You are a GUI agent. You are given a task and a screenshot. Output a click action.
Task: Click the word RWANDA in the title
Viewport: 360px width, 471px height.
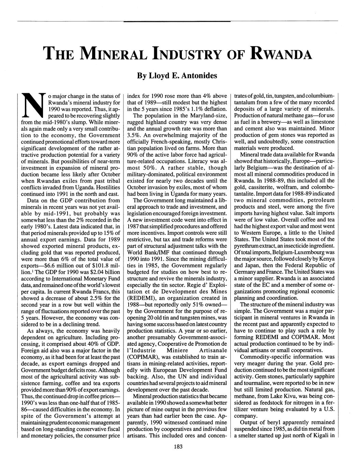point(282,54)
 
